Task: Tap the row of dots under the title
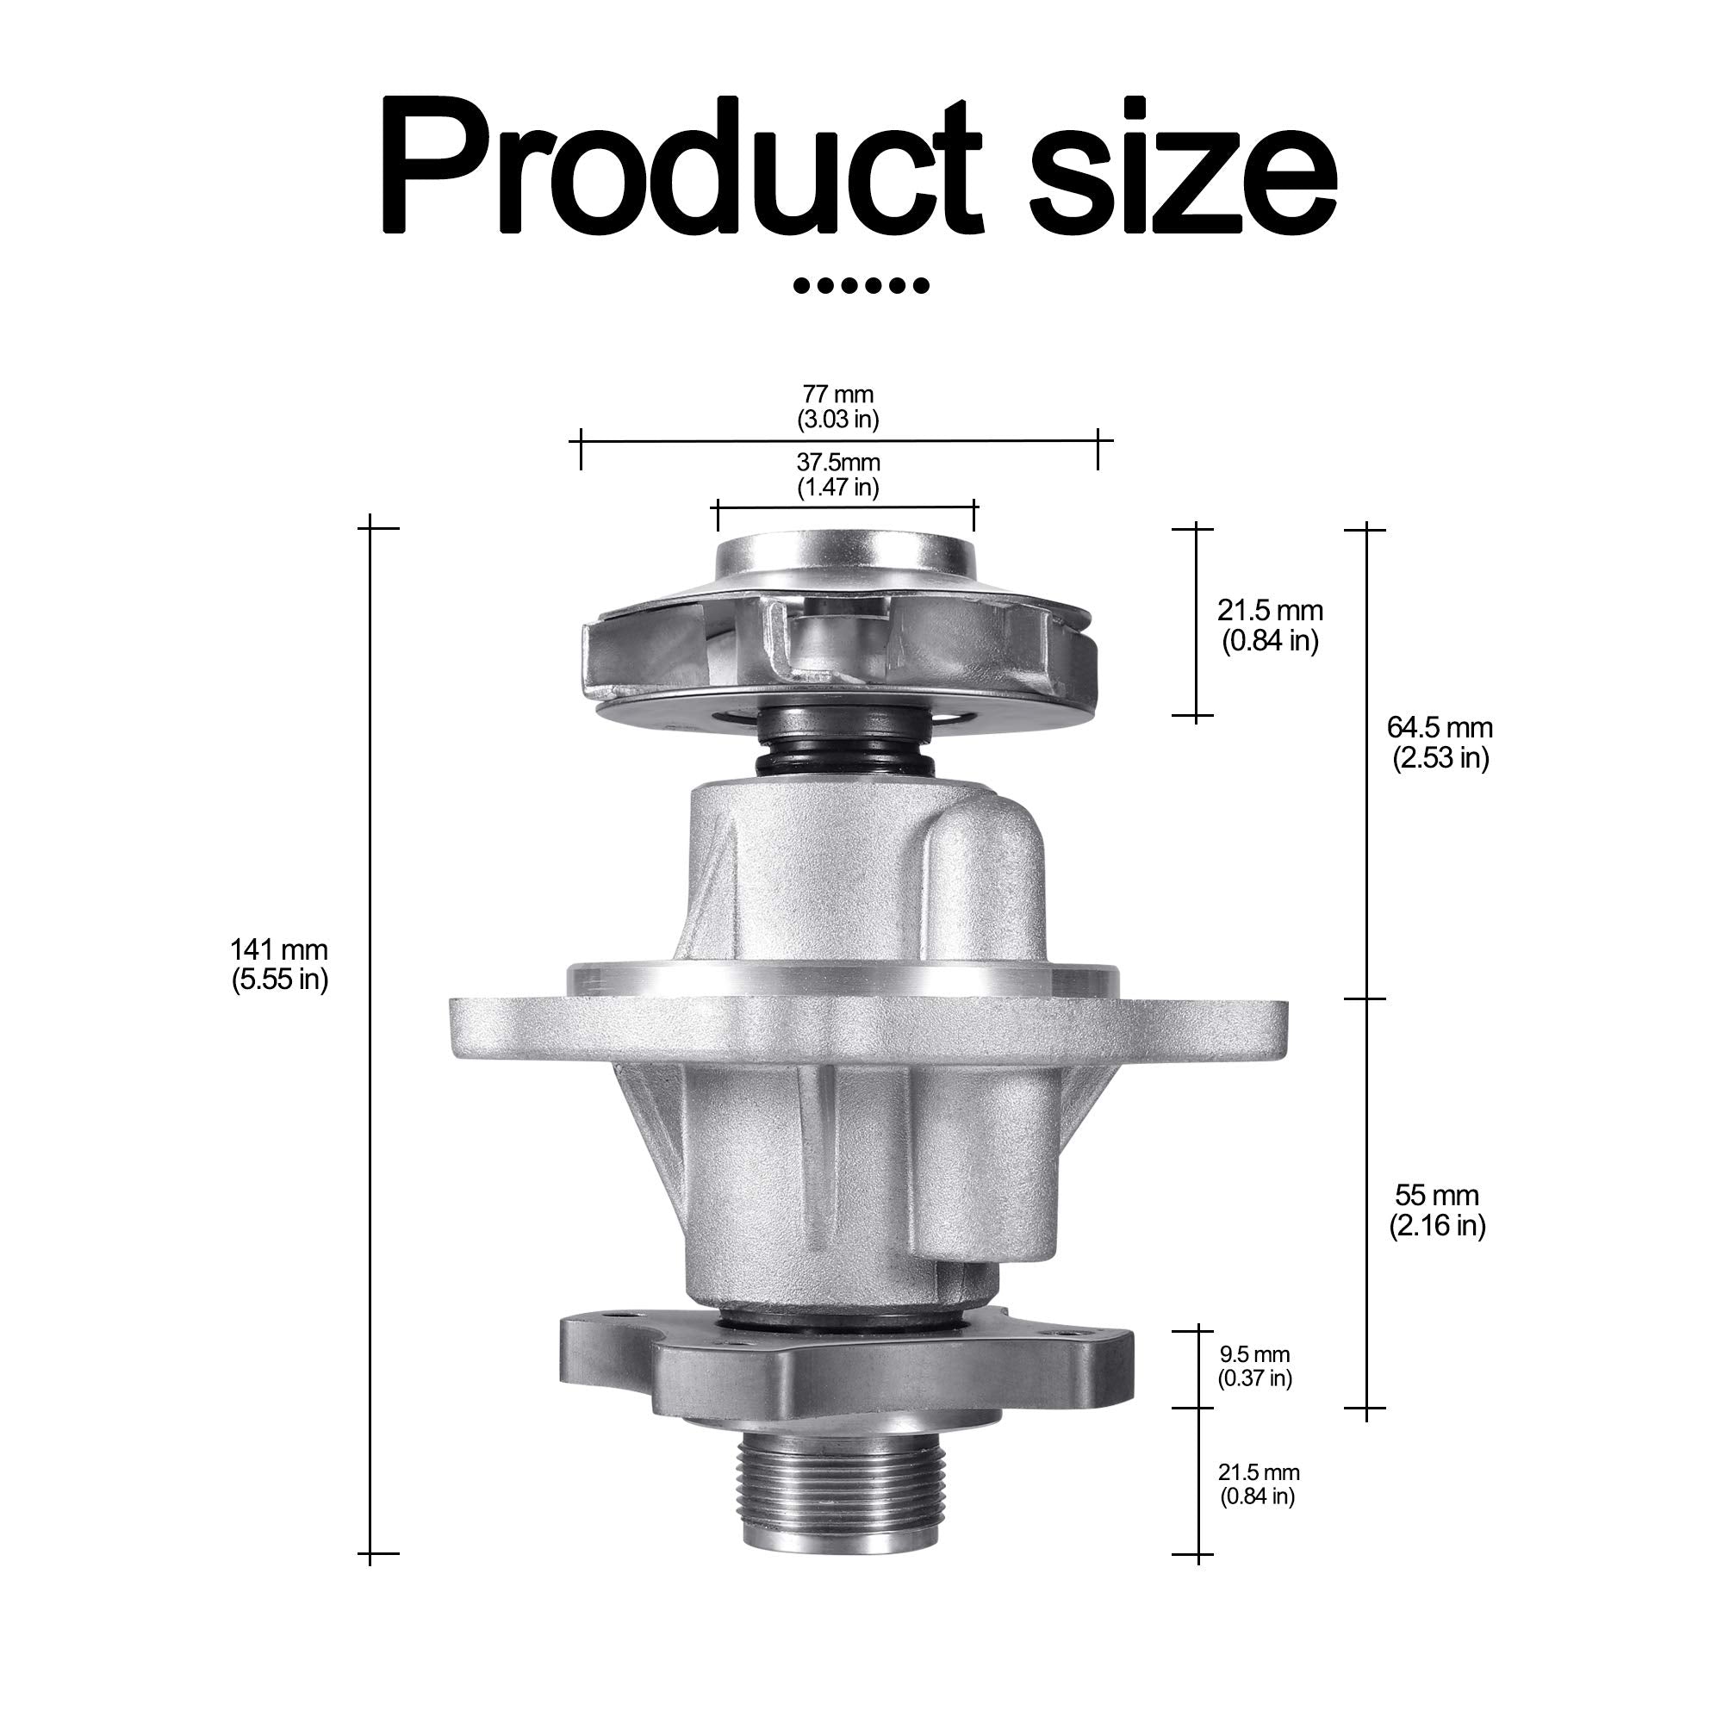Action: coord(861,286)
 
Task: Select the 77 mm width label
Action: coord(837,407)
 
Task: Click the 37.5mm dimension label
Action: coord(837,475)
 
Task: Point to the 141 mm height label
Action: coord(279,964)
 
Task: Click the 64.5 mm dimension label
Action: coord(1440,742)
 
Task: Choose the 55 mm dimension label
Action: coord(1437,1210)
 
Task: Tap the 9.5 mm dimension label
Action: coord(1255,1366)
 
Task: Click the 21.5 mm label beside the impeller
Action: coord(1270,625)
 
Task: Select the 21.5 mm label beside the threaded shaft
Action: coord(1259,1484)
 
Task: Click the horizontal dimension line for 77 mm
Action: coord(713,439)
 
